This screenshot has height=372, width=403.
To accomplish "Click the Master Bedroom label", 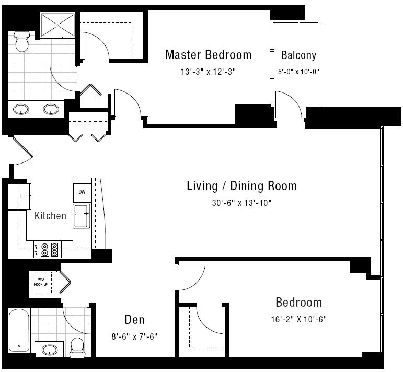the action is pos(209,55).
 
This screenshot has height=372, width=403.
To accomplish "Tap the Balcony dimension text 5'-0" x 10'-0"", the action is pos(298,72).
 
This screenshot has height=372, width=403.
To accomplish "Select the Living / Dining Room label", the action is pos(242,186).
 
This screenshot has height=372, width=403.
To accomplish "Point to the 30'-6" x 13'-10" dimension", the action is pos(242,203).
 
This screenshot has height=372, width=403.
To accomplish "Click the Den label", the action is pos(134,320).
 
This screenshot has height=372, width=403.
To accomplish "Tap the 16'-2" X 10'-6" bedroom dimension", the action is pos(298,319).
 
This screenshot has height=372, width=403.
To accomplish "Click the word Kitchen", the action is pos(50,216).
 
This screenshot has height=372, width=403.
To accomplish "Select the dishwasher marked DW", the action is pos(82,192).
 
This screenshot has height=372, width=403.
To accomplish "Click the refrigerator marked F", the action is pos(20,196).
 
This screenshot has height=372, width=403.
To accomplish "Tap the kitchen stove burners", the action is pos(48,250).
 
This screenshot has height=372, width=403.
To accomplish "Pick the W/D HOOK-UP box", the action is pos(41,282).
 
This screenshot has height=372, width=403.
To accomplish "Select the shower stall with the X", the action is pos(58,25).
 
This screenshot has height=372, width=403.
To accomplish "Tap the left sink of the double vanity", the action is pos(21,109).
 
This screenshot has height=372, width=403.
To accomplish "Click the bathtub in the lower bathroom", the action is pos(19,330).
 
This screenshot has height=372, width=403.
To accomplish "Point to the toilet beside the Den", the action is pos(77,347).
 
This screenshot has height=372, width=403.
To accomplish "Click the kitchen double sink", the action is pos(82,216).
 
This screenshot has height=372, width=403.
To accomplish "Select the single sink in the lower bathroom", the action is pos(50,350).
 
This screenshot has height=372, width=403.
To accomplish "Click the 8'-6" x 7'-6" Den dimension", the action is pos(134,336).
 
